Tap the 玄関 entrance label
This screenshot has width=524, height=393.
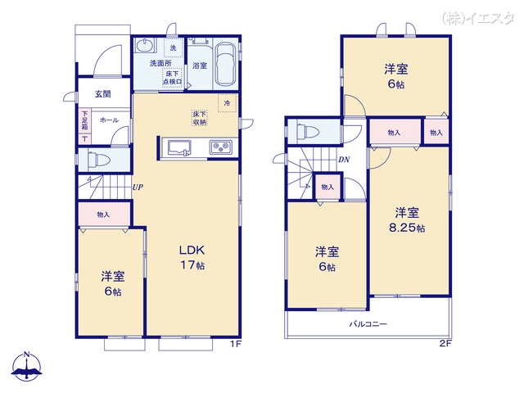[x=102, y=94]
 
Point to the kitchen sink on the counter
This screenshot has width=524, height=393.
[x=179, y=148]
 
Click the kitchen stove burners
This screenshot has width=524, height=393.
[x=221, y=148]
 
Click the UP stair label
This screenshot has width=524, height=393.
[x=138, y=187]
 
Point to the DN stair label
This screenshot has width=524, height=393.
[x=344, y=160]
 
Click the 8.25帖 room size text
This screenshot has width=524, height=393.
[x=408, y=228]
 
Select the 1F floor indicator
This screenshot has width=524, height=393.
[x=235, y=344]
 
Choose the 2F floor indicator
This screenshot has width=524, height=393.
[x=445, y=344]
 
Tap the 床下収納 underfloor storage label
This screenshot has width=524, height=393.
[x=200, y=118]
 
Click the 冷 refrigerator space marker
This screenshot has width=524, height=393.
[x=227, y=102]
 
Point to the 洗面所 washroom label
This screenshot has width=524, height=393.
[x=160, y=63]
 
